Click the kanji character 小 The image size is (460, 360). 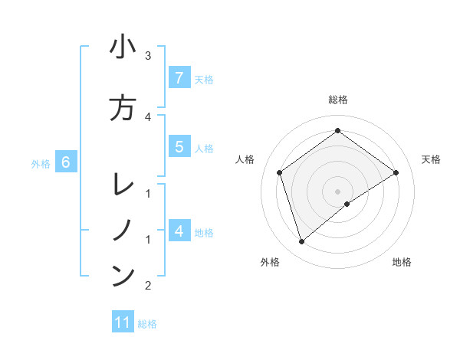pyautogui.click(x=123, y=47)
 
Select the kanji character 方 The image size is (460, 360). pyautogui.click(x=123, y=108)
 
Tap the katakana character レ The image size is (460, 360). pyautogui.click(x=123, y=185)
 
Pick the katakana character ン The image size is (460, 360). pyautogui.click(x=123, y=276)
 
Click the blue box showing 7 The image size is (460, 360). pyautogui.click(x=179, y=77)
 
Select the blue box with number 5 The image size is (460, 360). pyautogui.click(x=179, y=148)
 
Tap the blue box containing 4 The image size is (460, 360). pyautogui.click(x=179, y=231)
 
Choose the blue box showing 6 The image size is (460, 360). pyautogui.click(x=66, y=162)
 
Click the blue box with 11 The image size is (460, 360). pyautogui.click(x=123, y=322)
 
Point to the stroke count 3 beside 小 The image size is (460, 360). pyautogui.click(x=148, y=55)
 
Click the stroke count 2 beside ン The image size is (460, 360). pyautogui.click(x=148, y=286)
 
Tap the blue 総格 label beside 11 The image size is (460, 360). pyautogui.click(x=147, y=323)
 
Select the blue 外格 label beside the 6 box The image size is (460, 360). pyautogui.click(x=41, y=163)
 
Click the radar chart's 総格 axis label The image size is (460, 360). pyautogui.click(x=338, y=100)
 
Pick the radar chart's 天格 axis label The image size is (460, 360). pyautogui.click(x=431, y=159)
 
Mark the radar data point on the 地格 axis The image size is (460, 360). pyautogui.click(x=347, y=204)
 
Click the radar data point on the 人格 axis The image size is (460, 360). pyautogui.click(x=280, y=172)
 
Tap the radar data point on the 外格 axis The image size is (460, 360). pyautogui.click(x=302, y=242)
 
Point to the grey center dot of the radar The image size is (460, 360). pyautogui.click(x=338, y=191)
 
